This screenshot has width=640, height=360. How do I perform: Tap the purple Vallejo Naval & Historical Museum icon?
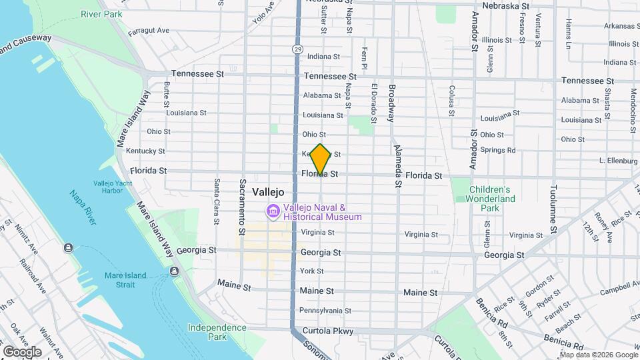tap(272, 212)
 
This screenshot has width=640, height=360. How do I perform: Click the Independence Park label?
tap(217, 332)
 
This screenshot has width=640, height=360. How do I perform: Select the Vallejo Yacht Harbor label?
tap(109, 186)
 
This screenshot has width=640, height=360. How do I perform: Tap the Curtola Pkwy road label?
tap(327, 331)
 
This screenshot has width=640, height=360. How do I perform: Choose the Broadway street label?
tap(391, 103)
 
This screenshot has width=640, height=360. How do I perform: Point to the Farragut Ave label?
tap(149, 30)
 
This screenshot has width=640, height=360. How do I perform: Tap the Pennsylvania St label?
tap(325, 311)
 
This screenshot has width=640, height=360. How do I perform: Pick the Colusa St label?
tap(451, 100)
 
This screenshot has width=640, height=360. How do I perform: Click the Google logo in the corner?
tap(22, 351)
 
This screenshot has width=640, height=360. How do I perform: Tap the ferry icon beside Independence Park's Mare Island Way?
tap(174, 271)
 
